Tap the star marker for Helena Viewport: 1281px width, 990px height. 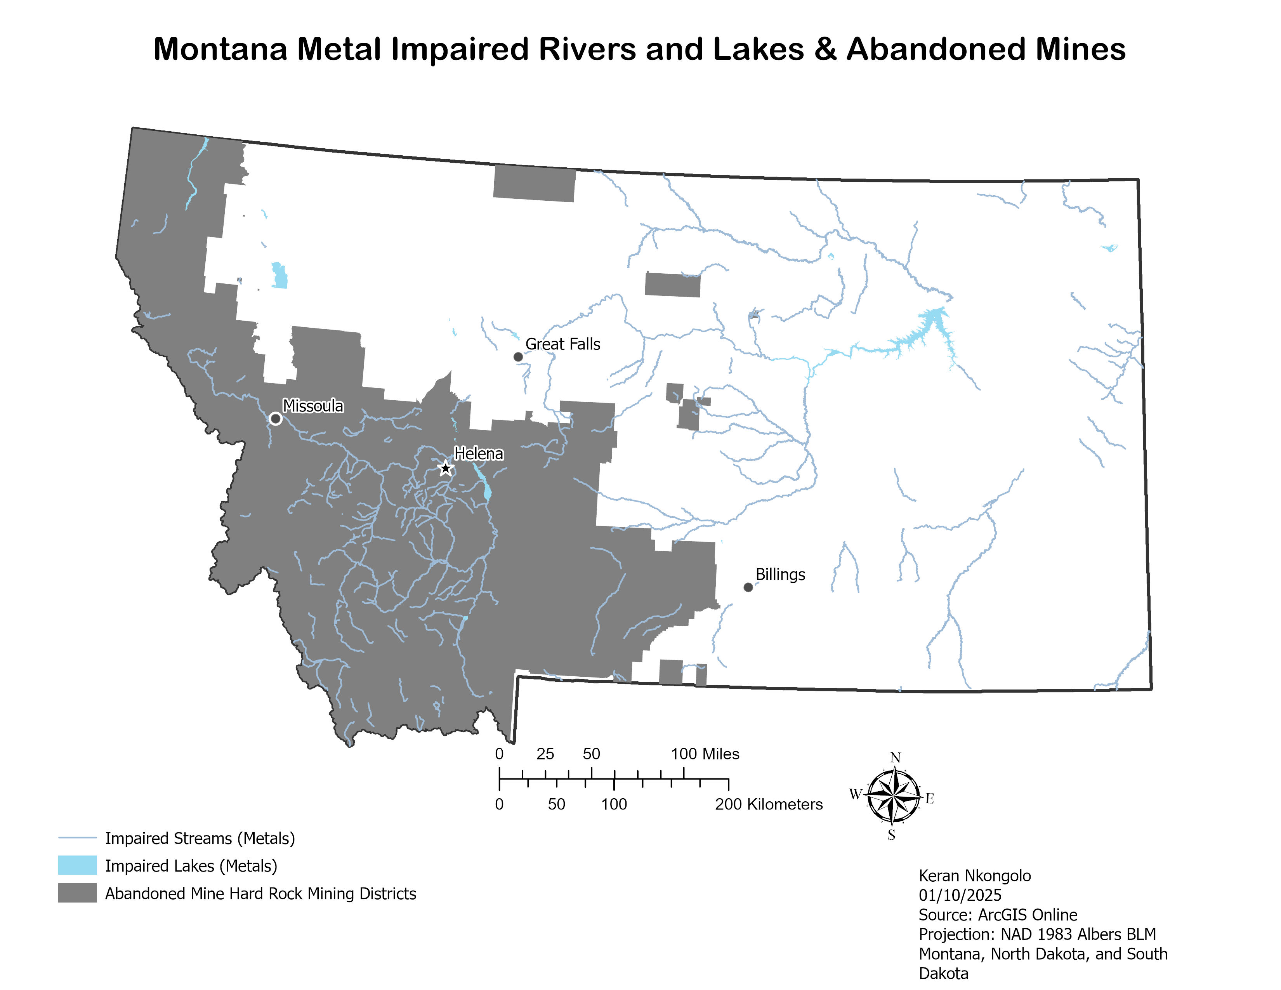pyautogui.click(x=445, y=468)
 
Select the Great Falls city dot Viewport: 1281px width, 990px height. pyautogui.click(x=518, y=356)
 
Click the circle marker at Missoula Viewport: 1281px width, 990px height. pyautogui.click(x=276, y=419)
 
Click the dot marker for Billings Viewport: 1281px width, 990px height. pyautogui.click(x=748, y=587)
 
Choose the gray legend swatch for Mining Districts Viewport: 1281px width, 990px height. pyautogui.click(x=77, y=893)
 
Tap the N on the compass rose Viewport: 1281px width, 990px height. pyautogui.click(x=895, y=758)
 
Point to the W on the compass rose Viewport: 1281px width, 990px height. pyautogui.click(x=855, y=794)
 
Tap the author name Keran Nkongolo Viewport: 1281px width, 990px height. pyautogui.click(x=974, y=875)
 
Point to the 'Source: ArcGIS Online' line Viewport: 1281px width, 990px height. pyautogui.click(x=998, y=915)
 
